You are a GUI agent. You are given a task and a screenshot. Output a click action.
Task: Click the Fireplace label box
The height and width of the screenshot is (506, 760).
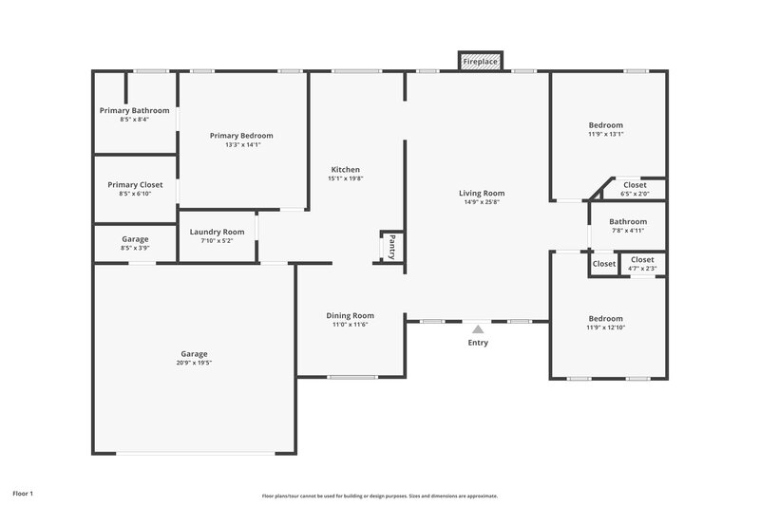coord(480,62)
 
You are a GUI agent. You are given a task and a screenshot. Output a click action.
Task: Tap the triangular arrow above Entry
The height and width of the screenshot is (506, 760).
coord(478,328)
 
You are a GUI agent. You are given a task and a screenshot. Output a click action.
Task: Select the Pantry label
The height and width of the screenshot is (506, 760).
coord(391,246)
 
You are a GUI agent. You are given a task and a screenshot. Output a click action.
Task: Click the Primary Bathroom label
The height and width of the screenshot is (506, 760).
coord(134,110)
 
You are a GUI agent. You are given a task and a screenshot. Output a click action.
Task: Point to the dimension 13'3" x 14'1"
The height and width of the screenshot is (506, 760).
coord(241,145)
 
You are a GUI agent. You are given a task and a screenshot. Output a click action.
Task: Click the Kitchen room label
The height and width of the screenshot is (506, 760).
coord(345,169)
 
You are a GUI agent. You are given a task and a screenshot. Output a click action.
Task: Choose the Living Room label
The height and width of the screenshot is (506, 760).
coord(482,193)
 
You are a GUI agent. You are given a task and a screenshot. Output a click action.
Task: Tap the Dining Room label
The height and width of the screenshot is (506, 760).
coord(350,315)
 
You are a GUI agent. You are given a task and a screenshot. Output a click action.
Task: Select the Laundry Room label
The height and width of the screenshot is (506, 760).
coord(217,232)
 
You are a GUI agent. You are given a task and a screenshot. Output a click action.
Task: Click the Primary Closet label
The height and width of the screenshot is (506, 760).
coord(135,184)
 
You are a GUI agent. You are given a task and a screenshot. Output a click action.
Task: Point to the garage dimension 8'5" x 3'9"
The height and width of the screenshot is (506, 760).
coord(135,248)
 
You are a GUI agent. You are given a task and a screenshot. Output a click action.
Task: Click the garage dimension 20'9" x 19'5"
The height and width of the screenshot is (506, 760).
coord(193,363)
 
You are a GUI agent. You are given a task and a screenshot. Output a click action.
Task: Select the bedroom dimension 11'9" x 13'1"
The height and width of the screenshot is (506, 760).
coord(605,134)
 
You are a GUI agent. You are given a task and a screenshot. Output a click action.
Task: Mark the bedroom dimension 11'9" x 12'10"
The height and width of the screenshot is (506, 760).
coord(605,328)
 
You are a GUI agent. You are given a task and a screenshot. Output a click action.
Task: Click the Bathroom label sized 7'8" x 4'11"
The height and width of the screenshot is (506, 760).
coord(628,221)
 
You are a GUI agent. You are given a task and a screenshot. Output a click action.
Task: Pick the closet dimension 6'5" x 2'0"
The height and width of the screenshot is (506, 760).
coord(635,194)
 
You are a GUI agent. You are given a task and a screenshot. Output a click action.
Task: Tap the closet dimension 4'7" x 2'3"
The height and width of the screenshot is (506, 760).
coord(642,269)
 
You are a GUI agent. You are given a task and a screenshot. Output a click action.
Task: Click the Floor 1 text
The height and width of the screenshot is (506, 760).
coord(23,494)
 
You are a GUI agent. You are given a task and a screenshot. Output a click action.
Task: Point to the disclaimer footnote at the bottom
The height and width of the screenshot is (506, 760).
coord(379,496)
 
